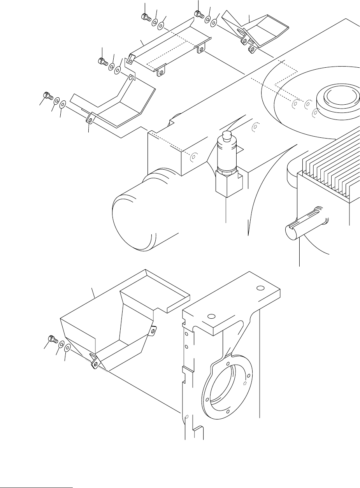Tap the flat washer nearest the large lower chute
pyautogui.click(x=68, y=348)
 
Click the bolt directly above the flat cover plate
pyautogui.click(x=145, y=17)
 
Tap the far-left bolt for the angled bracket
pyautogui.click(x=46, y=95)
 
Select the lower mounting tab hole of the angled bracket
pyautogui.click(x=90, y=120)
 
